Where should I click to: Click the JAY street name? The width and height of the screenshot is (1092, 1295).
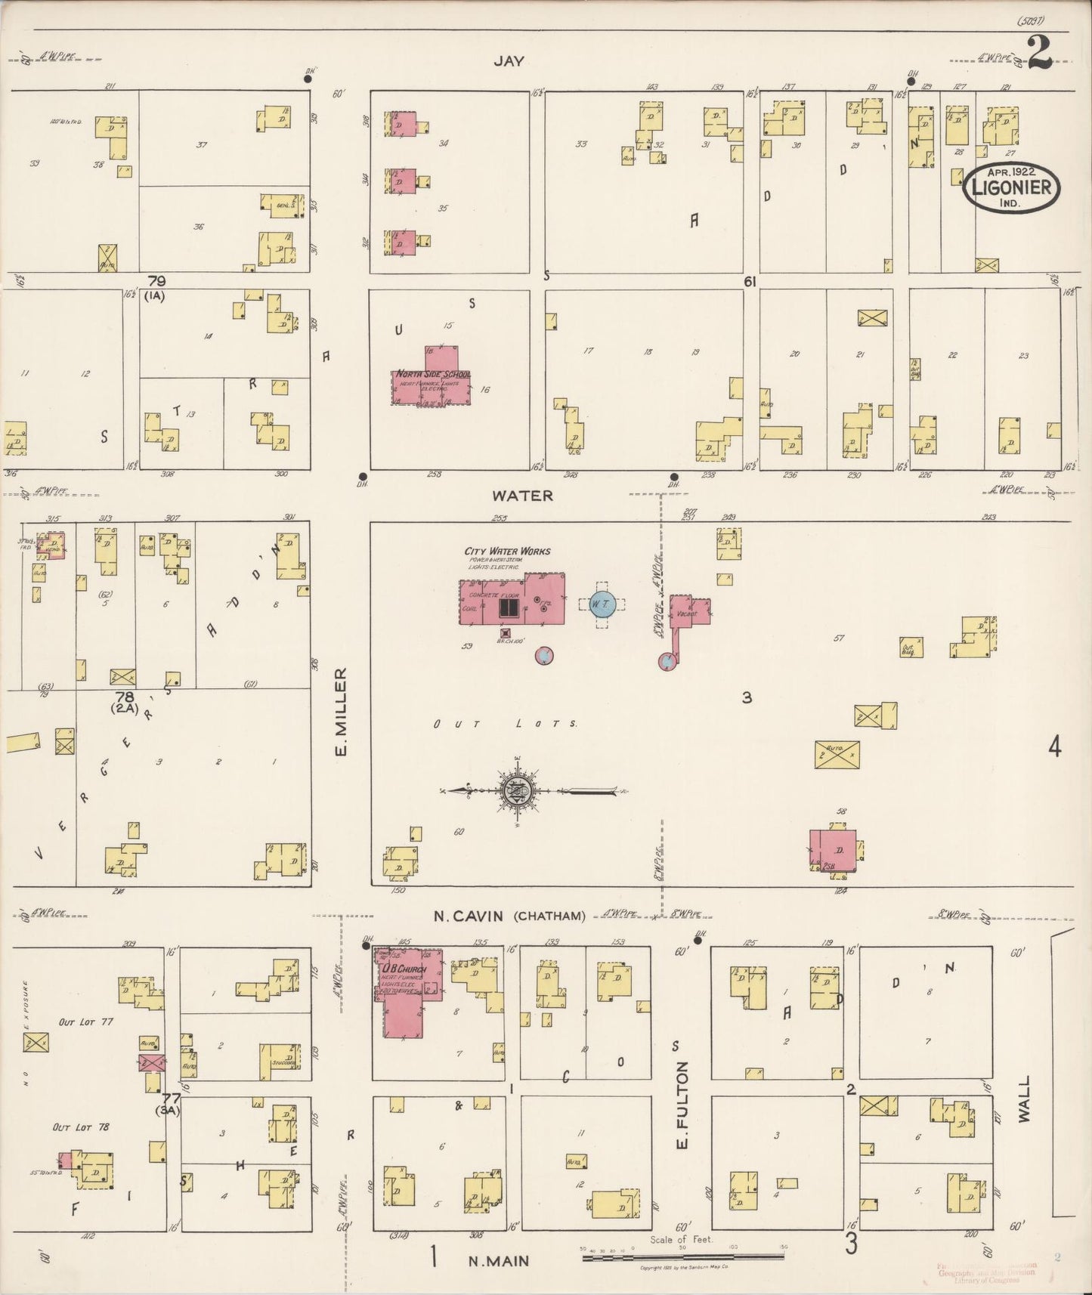pos(509,62)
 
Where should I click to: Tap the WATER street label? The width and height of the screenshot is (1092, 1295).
pos(523,496)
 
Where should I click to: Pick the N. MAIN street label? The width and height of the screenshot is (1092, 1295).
pos(498,1260)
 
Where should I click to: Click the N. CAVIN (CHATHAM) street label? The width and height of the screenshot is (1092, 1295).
pos(509,916)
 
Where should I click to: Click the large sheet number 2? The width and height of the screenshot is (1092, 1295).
pos(1041,53)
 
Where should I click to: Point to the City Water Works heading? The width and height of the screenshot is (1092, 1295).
pos(507,552)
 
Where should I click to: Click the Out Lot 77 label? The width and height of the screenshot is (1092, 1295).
pos(86,1021)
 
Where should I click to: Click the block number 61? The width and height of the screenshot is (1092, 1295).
pos(750,281)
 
